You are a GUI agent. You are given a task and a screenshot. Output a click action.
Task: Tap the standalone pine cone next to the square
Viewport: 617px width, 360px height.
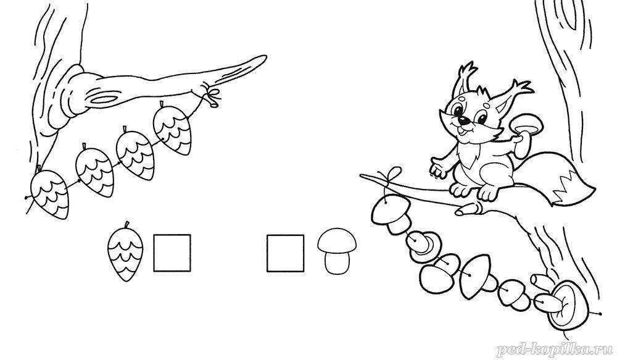tap(125, 252)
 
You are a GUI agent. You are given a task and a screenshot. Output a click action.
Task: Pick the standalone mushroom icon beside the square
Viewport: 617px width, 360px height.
tap(337, 251)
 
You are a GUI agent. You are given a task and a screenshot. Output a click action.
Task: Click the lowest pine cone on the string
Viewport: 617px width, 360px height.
tap(50, 194)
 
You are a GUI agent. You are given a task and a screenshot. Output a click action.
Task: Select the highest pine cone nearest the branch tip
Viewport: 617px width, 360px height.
tap(172, 127)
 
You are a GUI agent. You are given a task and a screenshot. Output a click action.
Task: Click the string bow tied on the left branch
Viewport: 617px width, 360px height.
tap(212, 95)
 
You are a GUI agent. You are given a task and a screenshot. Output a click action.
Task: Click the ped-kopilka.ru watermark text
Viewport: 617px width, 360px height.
tap(555, 350)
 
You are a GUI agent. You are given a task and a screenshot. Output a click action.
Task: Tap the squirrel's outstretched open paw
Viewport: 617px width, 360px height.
tap(438, 167)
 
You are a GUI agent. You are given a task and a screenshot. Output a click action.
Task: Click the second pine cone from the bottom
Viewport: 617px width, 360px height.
tap(95, 170)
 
